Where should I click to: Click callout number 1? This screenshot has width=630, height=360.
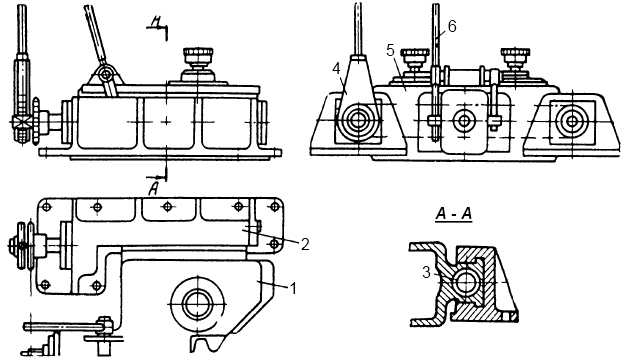(293, 288)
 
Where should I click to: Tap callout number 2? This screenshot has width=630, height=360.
(305, 245)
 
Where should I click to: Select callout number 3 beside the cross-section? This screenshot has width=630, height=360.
(426, 273)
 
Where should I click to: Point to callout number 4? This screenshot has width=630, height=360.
(337, 69)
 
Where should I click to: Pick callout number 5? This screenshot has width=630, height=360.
(391, 51)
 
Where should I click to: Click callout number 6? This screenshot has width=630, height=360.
(452, 27)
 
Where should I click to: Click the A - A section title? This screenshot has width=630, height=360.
(454, 215)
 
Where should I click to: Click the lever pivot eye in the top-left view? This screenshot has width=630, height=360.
(106, 74)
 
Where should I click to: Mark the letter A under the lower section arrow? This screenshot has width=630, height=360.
(153, 189)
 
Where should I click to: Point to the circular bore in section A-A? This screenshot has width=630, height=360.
(466, 283)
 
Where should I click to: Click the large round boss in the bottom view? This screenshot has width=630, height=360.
(197, 304)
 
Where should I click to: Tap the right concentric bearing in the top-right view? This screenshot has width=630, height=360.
(571, 121)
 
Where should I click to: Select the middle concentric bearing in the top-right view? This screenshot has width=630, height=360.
(464, 121)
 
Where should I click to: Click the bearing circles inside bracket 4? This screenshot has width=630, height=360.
(358, 121)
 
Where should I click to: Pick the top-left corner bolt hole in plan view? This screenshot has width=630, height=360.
(47, 207)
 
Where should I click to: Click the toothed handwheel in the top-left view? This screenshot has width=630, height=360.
(36, 121)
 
